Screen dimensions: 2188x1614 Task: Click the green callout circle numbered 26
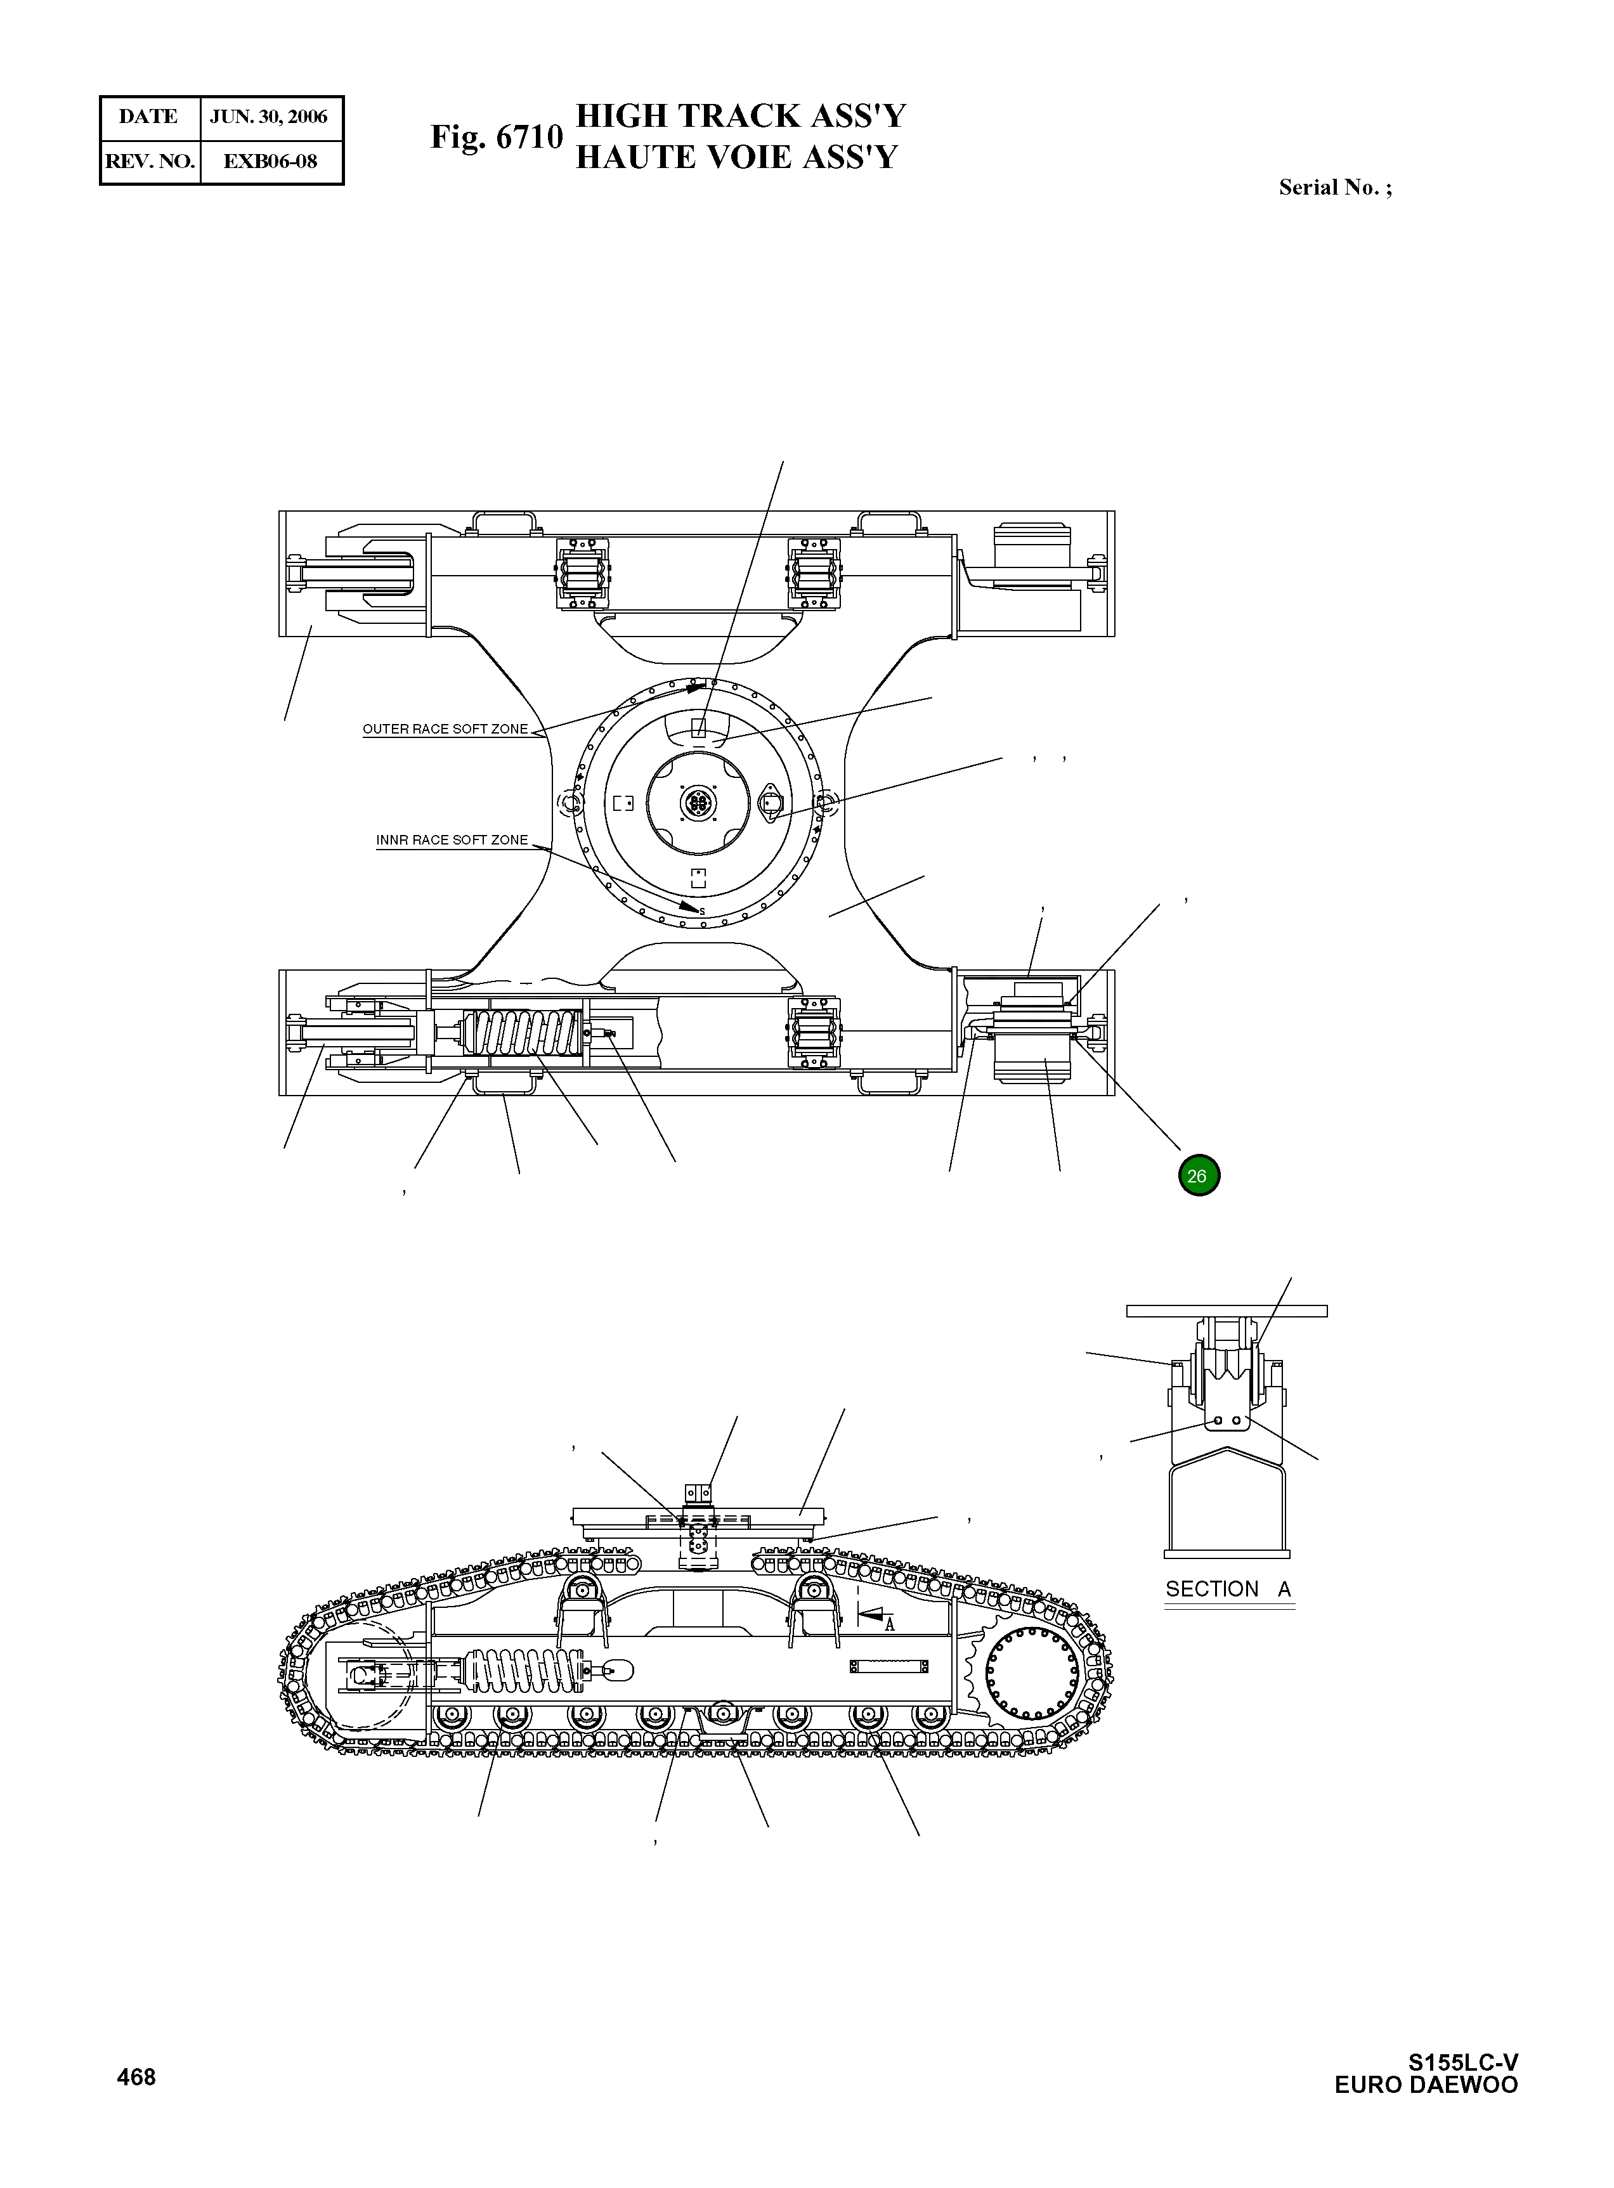click(x=1199, y=1176)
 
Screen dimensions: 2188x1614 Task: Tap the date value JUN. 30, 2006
click(x=269, y=117)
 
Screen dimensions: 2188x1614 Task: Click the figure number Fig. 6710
click(x=497, y=137)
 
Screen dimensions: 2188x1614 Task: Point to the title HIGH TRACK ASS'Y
click(x=741, y=116)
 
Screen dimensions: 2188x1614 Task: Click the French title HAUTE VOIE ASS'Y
click(x=736, y=157)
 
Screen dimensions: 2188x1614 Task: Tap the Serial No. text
click(x=1334, y=188)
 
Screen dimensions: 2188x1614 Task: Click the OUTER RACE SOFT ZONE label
click(x=445, y=728)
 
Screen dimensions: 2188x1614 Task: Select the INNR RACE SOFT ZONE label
click(x=452, y=840)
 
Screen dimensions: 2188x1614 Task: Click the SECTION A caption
click(x=1228, y=1589)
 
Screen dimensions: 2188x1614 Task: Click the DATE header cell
click(x=148, y=117)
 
